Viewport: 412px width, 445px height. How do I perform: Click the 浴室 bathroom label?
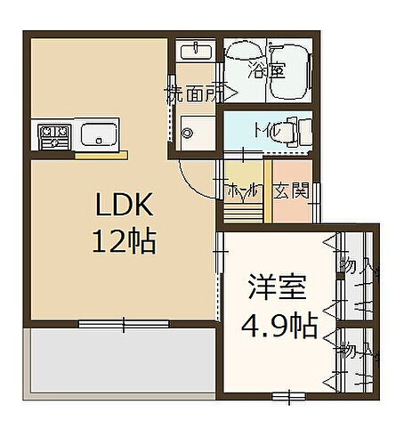[x=267, y=69]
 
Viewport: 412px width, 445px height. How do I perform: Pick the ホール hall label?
[x=243, y=189]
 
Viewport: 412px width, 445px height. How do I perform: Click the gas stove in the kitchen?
[x=53, y=137]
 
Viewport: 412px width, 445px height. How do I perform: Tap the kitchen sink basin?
[x=96, y=135]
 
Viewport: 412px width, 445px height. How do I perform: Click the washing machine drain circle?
[x=187, y=133]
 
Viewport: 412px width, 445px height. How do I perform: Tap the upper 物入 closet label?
[x=352, y=264]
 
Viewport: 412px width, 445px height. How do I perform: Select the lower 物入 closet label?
[x=352, y=351]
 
